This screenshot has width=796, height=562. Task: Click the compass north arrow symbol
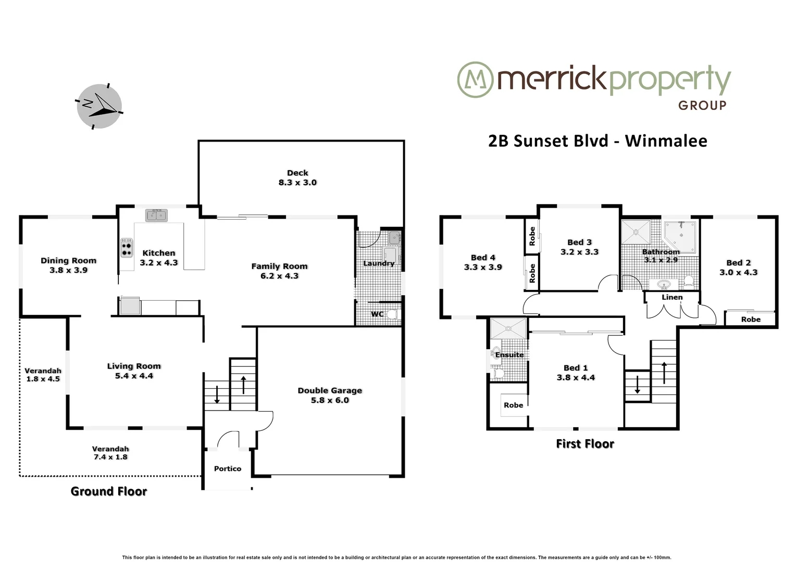tap(99, 106)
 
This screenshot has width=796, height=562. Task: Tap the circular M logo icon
tap(475, 80)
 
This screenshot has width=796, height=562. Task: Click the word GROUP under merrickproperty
tap(702, 105)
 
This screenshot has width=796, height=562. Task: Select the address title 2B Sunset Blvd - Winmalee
tap(598, 141)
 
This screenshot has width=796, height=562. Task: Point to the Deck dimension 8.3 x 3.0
tap(297, 183)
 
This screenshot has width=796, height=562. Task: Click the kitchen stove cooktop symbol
tap(127, 248)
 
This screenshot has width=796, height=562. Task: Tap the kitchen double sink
tap(156, 215)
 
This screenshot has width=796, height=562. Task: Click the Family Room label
tap(279, 266)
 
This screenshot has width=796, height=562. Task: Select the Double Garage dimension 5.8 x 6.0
tap(330, 400)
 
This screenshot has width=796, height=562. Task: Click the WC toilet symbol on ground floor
tap(392, 314)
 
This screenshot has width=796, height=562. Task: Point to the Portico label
tap(228, 469)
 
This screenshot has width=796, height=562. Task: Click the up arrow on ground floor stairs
tap(243, 385)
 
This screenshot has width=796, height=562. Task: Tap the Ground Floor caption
tap(109, 491)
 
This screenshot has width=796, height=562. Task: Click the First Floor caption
tap(585, 444)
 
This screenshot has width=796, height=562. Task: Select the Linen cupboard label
tap(672, 297)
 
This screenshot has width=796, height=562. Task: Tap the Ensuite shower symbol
tap(508, 329)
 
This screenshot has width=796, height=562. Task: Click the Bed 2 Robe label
tap(751, 320)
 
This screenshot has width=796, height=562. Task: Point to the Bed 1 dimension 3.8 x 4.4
tap(576, 378)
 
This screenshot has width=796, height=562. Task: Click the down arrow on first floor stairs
tap(637, 385)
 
